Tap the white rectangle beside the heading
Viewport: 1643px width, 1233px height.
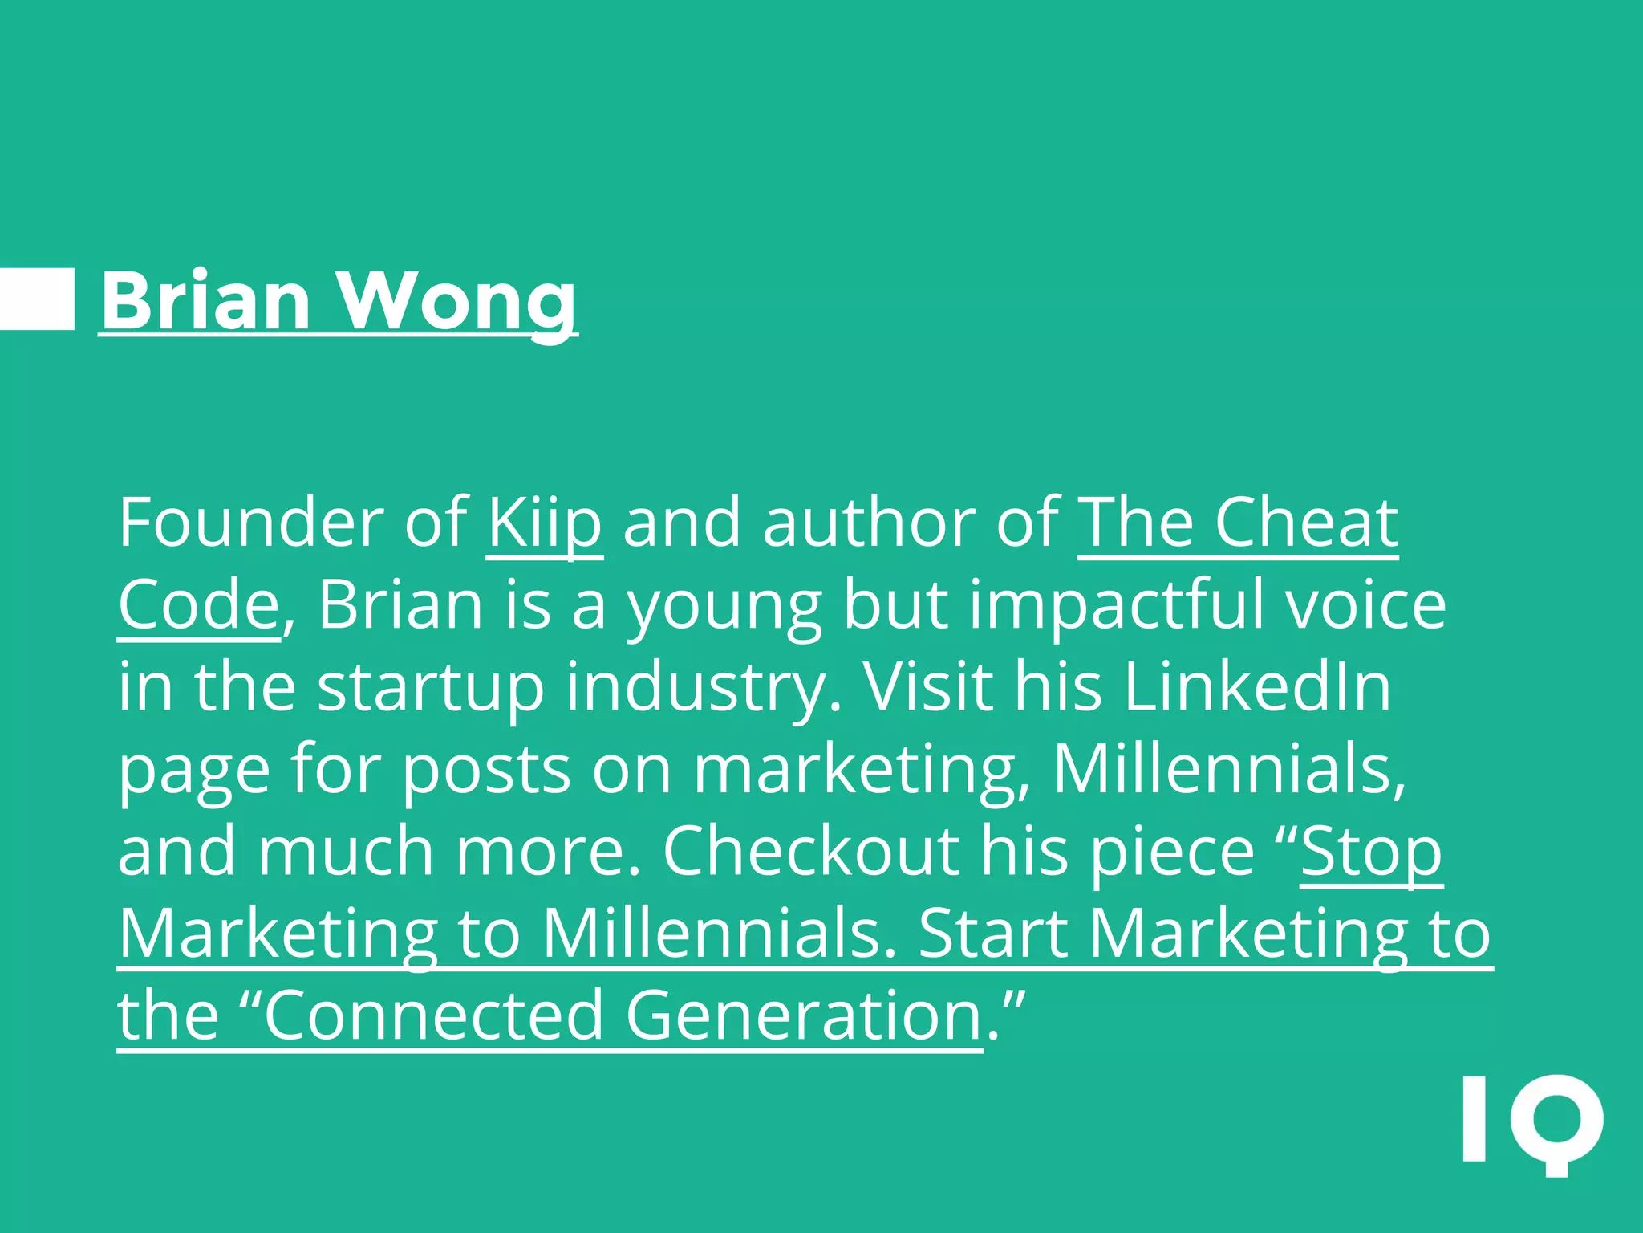pyautogui.click(x=37, y=299)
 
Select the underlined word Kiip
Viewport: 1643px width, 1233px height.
pyautogui.click(x=545, y=523)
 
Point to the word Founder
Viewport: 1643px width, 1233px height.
pyautogui.click(x=251, y=523)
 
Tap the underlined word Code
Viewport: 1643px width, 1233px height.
pyautogui.click(x=199, y=605)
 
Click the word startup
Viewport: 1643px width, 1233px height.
pyautogui.click(x=431, y=689)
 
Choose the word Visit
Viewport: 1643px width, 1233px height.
pyautogui.click(x=927, y=687)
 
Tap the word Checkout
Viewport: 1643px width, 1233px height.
pyautogui.click(x=810, y=851)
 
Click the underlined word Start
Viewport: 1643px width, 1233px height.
pyautogui.click(x=992, y=934)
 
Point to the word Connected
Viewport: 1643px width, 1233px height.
pyautogui.click(x=433, y=1015)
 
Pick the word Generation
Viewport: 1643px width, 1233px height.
pyautogui.click(x=804, y=1015)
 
